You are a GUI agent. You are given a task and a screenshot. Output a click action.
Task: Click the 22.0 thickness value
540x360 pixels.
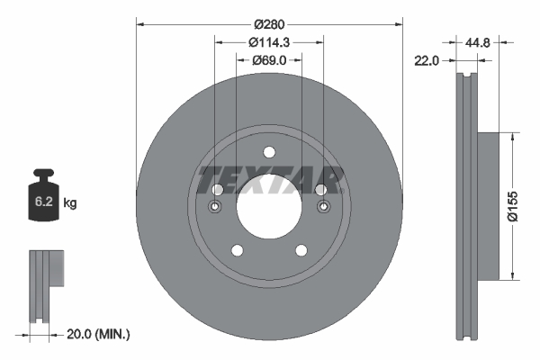click(426, 60)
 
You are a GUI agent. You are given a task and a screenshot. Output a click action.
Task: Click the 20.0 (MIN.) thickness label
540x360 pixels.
click(98, 334)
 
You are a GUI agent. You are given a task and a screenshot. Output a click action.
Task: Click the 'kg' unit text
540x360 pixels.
click(70, 203)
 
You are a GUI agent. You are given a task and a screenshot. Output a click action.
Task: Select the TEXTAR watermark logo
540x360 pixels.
click(269, 180)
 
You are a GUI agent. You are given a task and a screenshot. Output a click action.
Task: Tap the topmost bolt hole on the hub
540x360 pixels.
click(268, 154)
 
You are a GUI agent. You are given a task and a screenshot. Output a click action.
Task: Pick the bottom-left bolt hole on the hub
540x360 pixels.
click(237, 251)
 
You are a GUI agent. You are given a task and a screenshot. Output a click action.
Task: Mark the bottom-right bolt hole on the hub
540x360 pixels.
click(301, 251)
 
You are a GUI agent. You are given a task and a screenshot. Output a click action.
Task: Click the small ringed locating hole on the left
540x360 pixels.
click(216, 209)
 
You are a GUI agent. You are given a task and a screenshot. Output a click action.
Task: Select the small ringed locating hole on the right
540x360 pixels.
click(321, 209)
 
